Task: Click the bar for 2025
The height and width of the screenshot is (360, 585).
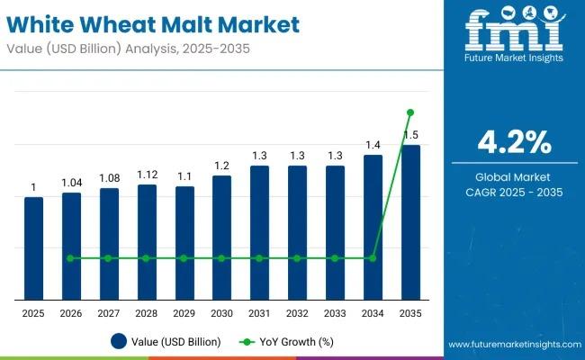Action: coord(33,247)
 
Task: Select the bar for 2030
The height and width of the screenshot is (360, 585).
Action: coord(221,237)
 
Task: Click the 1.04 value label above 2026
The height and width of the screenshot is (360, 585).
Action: coord(71,183)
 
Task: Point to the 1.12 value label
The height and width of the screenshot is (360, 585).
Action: coord(147,175)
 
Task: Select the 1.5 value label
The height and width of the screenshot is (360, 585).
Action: coord(410,135)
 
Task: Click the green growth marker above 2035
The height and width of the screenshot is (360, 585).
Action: coord(410,112)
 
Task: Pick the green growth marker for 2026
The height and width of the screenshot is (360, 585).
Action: coord(71,258)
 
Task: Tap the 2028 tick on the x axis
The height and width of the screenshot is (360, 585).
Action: coord(147,312)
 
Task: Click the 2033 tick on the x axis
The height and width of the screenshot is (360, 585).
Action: coord(335,312)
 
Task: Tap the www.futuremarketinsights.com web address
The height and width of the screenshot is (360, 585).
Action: coord(511,345)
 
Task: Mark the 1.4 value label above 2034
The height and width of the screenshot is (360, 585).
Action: coord(373,145)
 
